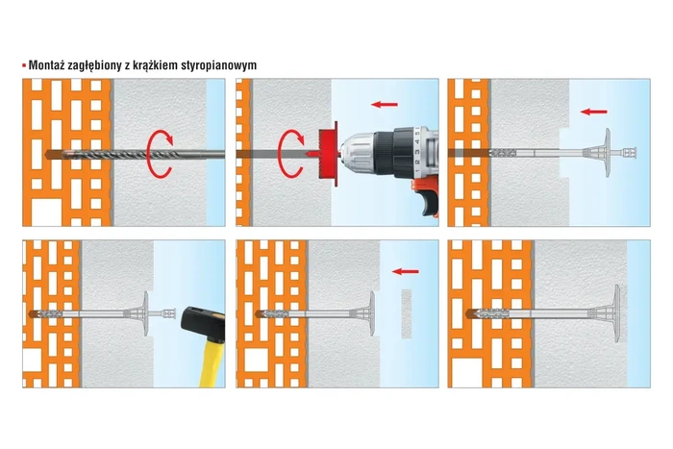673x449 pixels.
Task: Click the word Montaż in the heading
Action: pos(46,65)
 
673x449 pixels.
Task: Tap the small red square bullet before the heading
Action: pos(24,65)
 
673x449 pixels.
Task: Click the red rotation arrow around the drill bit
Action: pos(160,154)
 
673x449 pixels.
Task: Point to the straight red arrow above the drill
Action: pos(385,104)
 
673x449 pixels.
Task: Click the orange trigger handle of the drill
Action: pos(425,196)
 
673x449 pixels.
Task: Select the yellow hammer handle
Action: pos(212,363)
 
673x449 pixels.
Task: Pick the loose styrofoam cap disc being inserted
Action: pos(407,312)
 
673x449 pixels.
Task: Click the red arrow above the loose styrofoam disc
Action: pos(405,271)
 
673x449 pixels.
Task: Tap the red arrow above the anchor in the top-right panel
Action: pos(594,112)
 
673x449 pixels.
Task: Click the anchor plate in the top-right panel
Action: pos(607,152)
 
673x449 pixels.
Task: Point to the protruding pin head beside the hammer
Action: pos(169,313)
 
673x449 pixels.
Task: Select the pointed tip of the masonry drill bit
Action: pos(45,154)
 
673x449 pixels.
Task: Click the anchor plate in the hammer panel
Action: pos(146,313)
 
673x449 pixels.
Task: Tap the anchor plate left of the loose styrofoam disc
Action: pos(372,313)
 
